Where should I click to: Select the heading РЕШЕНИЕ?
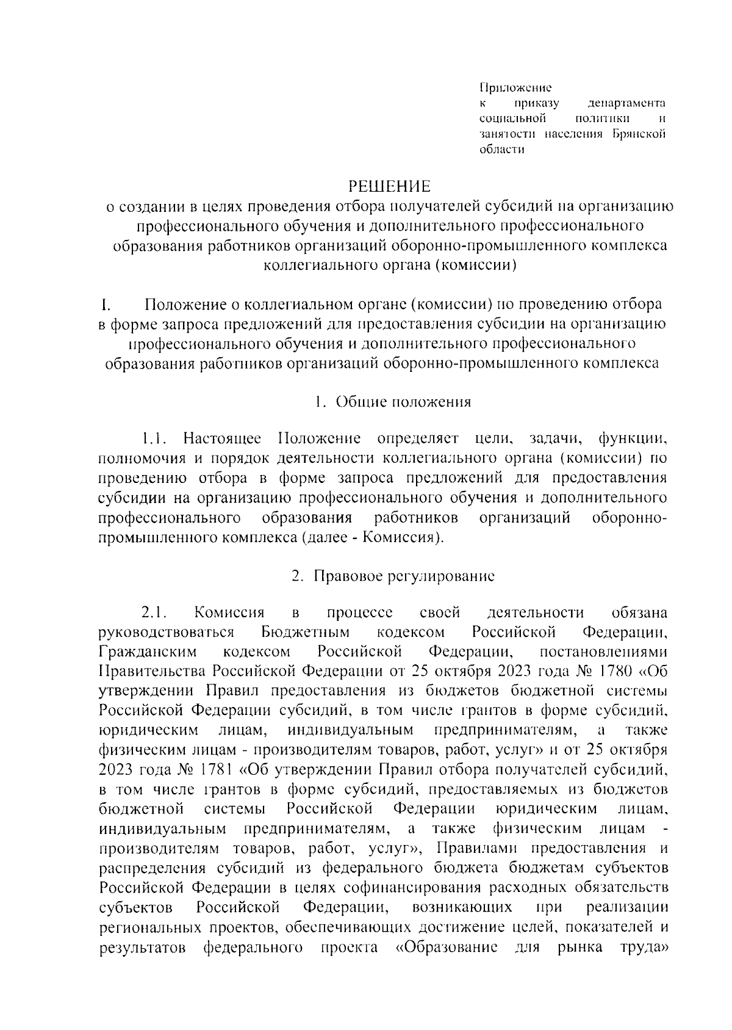[x=389, y=185]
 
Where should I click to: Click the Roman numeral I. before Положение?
[x=105, y=304]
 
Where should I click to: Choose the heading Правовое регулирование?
[x=404, y=576]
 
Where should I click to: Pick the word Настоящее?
[x=223, y=439]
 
